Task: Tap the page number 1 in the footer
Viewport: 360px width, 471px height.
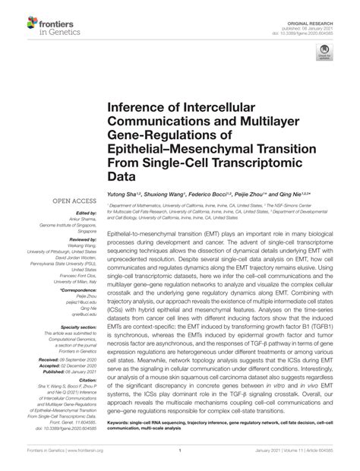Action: coord(179,459)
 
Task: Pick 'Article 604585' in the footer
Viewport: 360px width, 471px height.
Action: coord(330,459)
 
